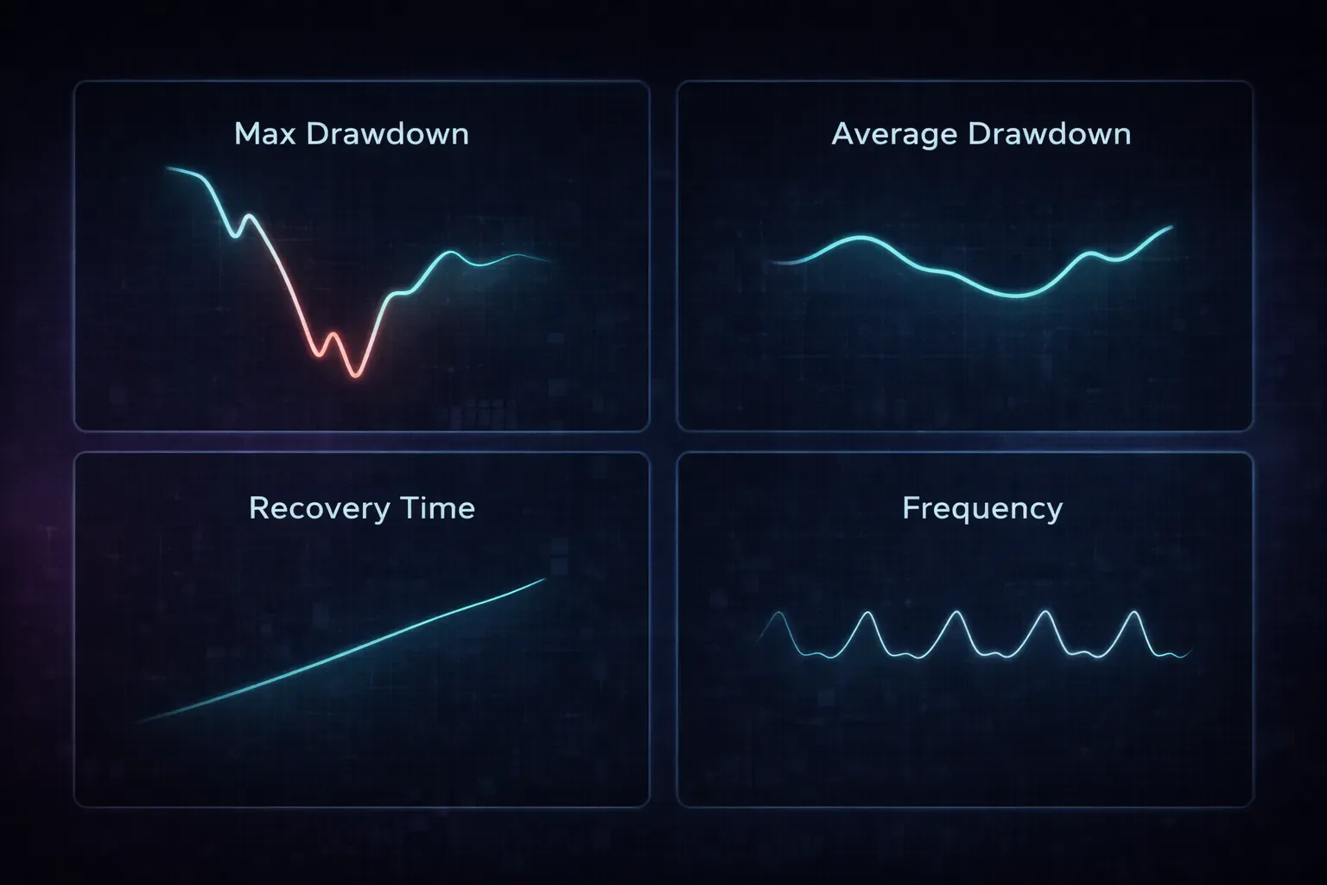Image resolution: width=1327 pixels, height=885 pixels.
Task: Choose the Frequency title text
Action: click(x=982, y=507)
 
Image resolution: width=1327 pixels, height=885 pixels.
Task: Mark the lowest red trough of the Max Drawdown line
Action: click(x=355, y=375)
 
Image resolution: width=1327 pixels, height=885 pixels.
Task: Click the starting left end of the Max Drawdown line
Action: click(x=167, y=169)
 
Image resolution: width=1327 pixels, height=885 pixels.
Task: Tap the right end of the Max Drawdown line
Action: click(x=549, y=261)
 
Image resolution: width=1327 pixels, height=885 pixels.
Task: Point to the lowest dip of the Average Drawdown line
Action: click(x=1016, y=296)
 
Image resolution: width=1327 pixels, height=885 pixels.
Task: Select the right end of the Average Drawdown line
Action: click(x=1171, y=227)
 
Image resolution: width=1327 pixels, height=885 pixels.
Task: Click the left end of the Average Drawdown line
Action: click(x=771, y=261)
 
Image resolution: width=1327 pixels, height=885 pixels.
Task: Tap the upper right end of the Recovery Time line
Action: click(x=544, y=580)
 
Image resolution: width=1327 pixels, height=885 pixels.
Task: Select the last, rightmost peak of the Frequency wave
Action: click(x=1133, y=613)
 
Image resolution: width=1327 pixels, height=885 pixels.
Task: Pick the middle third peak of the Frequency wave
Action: click(x=956, y=613)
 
